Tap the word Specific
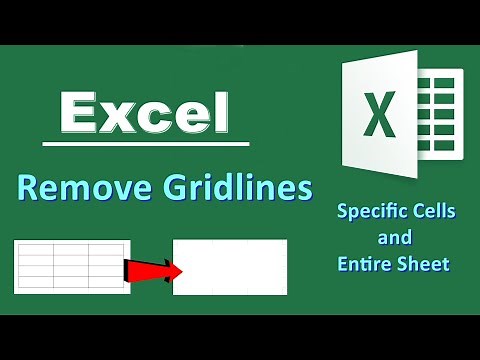pyautogui.click(x=368, y=213)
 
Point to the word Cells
pyautogui.click(x=429, y=213)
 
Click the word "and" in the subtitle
pyautogui.click(x=393, y=238)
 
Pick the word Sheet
pyautogui.click(x=425, y=264)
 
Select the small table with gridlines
pyautogui.click(x=72, y=264)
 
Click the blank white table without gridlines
pyautogui.click(x=230, y=267)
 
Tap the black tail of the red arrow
pyautogui.click(x=130, y=268)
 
